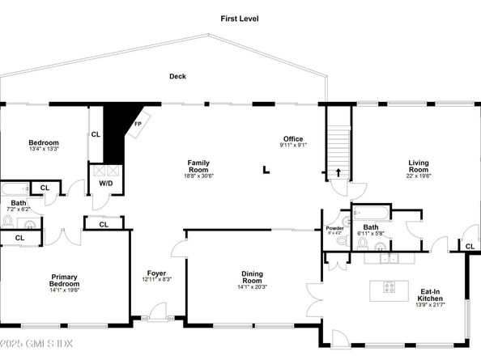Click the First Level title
241,18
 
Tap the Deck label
177,77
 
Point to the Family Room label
198,166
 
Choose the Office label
292,138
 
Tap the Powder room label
334,228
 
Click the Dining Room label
252,277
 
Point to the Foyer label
156,273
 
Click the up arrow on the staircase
338,173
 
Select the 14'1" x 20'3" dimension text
252,286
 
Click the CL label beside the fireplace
96,134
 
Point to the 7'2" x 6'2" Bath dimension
18,209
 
